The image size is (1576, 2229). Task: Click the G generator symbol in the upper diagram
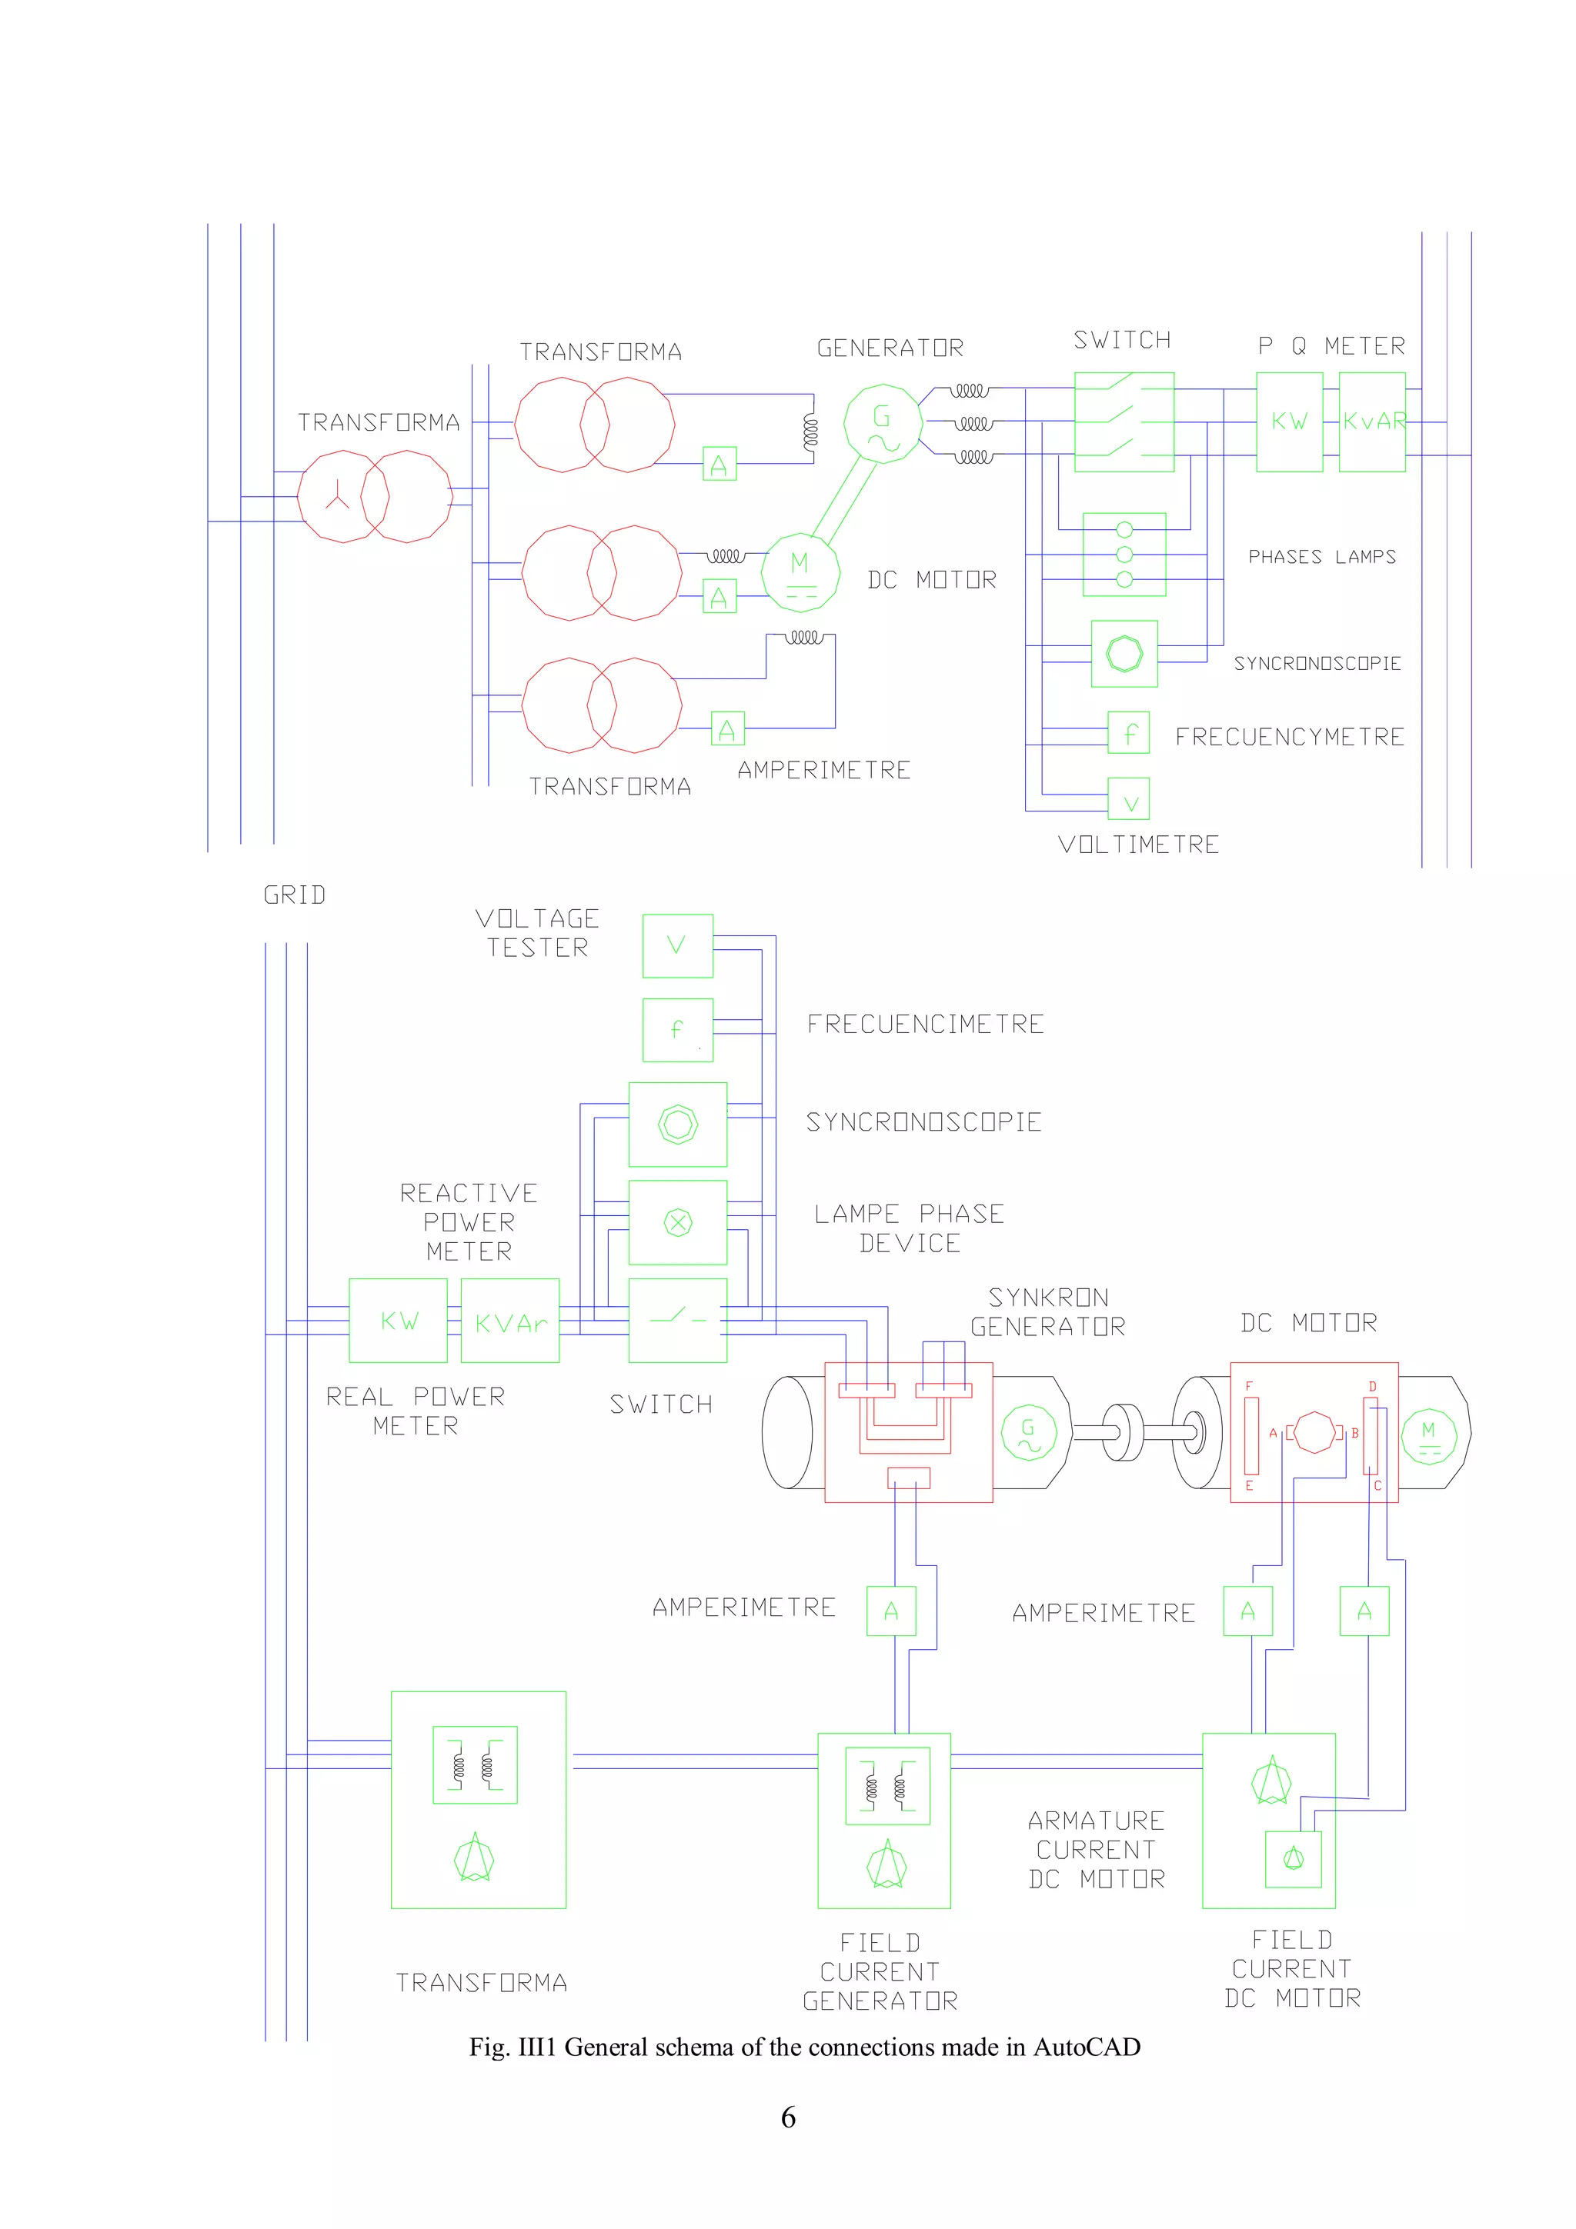tap(883, 423)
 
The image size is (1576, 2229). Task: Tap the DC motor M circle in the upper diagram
tap(800, 573)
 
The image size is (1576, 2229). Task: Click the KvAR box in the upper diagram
tap(1372, 422)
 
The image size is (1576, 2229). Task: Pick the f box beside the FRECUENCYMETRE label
tap(1128, 732)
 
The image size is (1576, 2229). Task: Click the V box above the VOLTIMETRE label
tap(1128, 799)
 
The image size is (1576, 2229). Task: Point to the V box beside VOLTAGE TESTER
tap(677, 945)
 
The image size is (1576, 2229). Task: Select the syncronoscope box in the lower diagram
tap(677, 1124)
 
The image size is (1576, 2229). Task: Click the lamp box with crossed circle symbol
tap(677, 1222)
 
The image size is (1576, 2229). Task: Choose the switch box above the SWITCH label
tap(677, 1321)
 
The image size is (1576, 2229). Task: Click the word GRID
tap(294, 895)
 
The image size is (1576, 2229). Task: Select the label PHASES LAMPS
tap(1321, 556)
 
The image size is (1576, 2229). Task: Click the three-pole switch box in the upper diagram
tap(1124, 422)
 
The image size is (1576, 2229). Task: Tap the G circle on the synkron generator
tap(1028, 1433)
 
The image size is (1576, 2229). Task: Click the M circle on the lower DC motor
tap(1428, 1437)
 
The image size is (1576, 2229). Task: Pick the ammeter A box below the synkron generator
tap(890, 1611)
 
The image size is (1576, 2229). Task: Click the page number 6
tap(787, 2117)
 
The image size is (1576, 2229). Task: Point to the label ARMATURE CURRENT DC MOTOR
tap(1097, 1849)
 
